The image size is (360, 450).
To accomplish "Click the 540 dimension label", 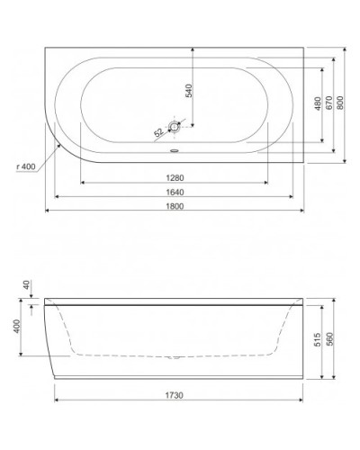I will [x=187, y=92].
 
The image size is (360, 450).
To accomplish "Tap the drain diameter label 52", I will [x=159, y=131].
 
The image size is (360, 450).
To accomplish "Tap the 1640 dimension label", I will [x=175, y=191].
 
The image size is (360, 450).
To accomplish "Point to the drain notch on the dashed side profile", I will [x=175, y=357].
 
